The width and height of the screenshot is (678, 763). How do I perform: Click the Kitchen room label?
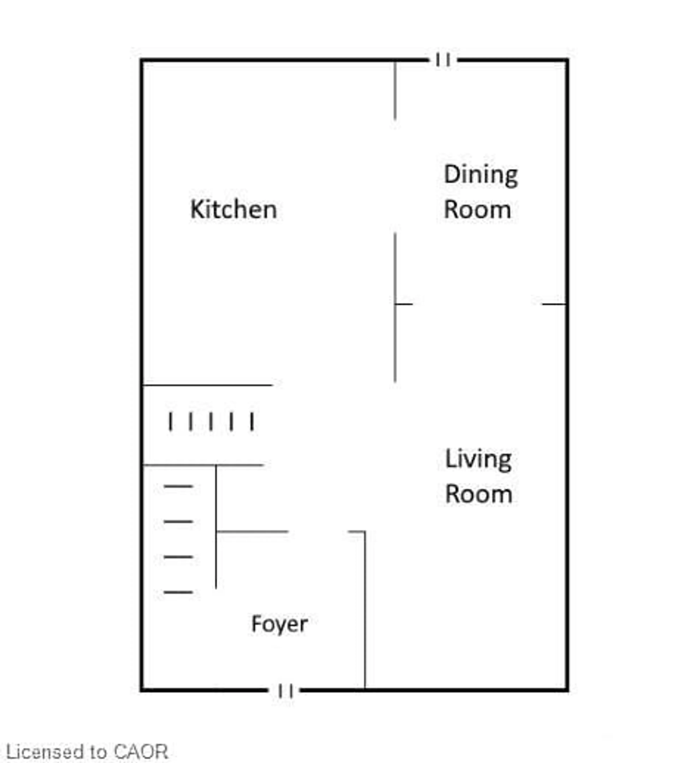click(233, 209)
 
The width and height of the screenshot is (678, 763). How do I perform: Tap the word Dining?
click(480, 175)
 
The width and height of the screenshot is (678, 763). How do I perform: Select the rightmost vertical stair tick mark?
click(252, 421)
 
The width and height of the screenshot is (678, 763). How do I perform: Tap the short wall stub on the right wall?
click(554, 304)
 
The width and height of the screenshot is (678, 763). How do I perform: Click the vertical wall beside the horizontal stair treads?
click(216, 530)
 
